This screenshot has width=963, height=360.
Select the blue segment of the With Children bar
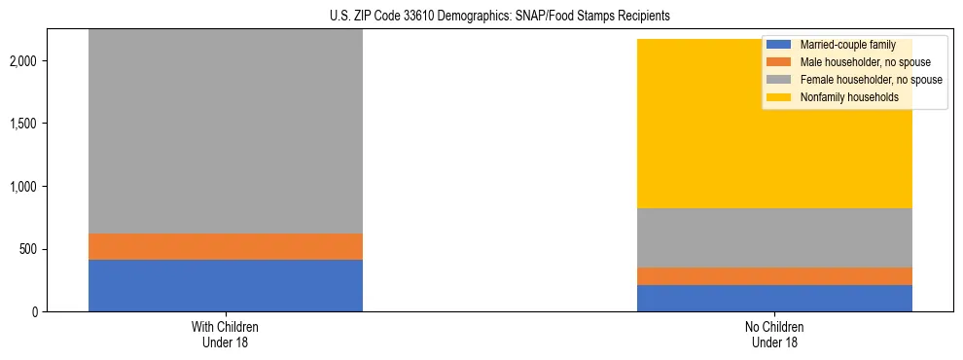click(x=225, y=285)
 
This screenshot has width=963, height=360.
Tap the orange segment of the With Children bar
click(x=225, y=246)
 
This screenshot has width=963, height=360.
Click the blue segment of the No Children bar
click(x=774, y=298)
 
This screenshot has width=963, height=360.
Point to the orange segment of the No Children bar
click(x=774, y=275)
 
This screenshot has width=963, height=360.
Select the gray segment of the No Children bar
click(x=774, y=237)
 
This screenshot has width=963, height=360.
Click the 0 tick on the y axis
click(x=39, y=312)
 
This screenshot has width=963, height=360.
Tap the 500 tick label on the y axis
click(x=32, y=249)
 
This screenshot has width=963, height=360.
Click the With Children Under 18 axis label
click(x=225, y=334)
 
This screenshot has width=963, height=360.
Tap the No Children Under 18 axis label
click(x=774, y=334)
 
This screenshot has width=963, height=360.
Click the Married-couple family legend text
click(x=847, y=45)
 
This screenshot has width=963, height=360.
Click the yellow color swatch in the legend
click(x=779, y=97)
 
